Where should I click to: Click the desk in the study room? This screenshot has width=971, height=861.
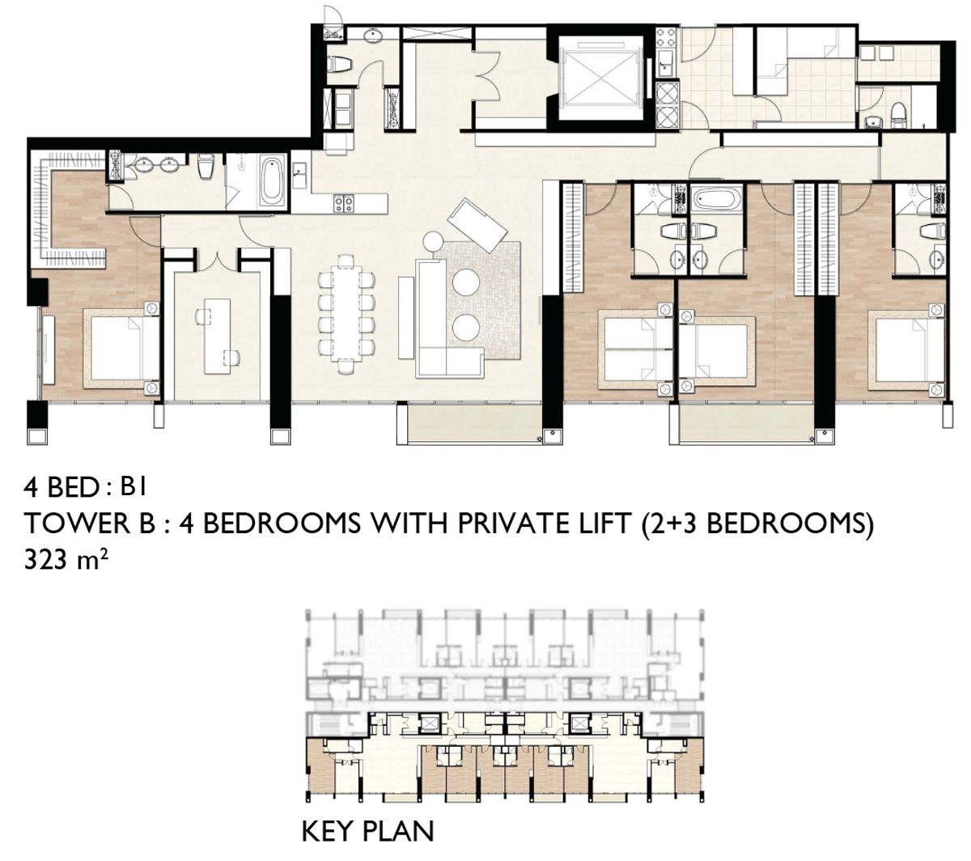tap(217, 336)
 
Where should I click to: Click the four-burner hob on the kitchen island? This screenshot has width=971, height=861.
tap(344, 202)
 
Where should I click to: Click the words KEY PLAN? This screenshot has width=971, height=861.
tap(367, 831)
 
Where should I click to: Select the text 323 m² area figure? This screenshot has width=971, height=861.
tap(66, 558)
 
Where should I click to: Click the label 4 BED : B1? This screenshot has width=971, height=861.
tap(85, 487)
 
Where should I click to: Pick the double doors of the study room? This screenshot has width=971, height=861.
tap(217, 260)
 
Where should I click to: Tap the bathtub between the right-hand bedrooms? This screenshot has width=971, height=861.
tap(716, 199)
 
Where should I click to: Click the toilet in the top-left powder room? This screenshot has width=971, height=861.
tap(340, 64)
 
